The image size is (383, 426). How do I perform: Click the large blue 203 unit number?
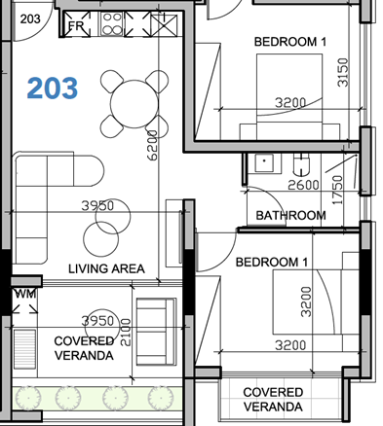click(x=53, y=89)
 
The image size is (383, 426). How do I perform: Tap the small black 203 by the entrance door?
click(x=30, y=18)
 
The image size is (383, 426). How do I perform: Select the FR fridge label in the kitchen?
click(x=76, y=26)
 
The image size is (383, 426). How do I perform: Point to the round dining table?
click(x=132, y=101)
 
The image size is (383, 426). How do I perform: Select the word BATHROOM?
click(x=290, y=215)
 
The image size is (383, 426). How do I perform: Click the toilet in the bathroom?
click(x=303, y=164)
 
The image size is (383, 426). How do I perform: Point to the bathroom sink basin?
click(x=260, y=165)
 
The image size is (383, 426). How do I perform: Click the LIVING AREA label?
click(x=106, y=268)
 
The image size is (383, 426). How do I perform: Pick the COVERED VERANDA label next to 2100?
click(x=84, y=348)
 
